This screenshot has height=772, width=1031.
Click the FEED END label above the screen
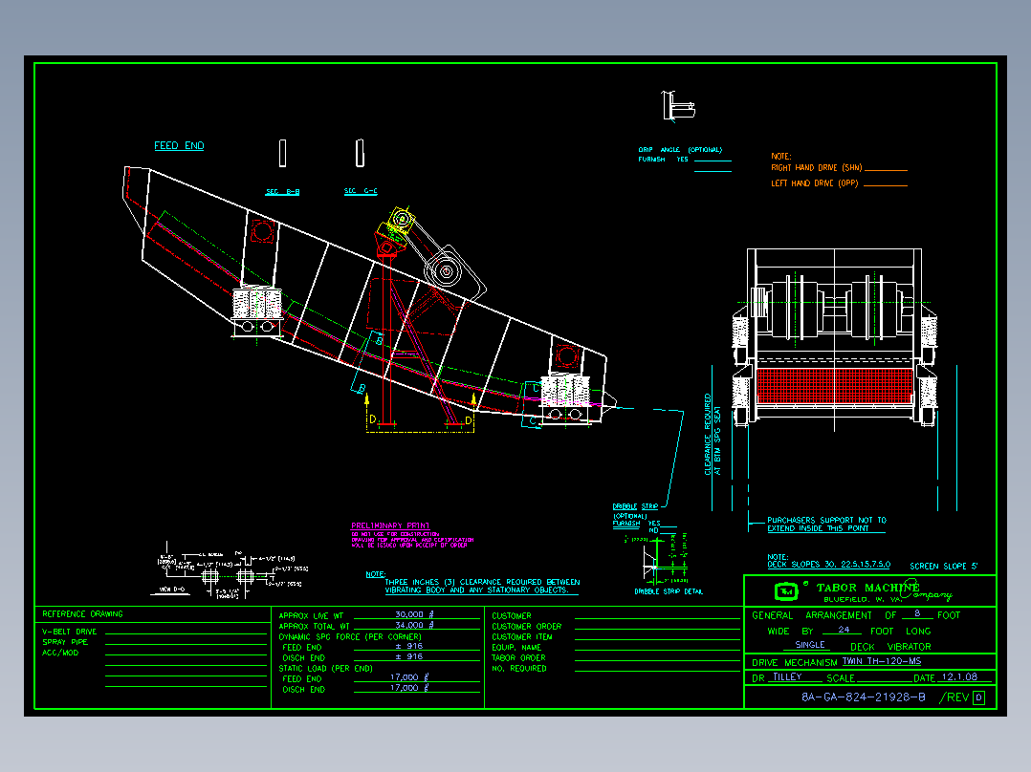click(179, 146)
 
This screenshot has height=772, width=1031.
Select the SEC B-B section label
click(282, 192)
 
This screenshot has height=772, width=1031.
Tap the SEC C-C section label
click(361, 191)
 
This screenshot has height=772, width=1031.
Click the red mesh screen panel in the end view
click(836, 384)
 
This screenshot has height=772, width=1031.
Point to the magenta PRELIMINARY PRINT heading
click(390, 525)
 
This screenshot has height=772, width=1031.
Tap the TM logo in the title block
click(786, 590)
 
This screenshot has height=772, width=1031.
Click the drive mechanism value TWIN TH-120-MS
click(881, 661)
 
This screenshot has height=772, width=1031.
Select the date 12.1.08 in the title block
click(960, 677)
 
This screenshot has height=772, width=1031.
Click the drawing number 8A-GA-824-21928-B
click(864, 697)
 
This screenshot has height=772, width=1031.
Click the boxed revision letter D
click(978, 697)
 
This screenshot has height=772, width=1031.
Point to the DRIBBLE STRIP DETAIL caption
click(669, 591)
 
